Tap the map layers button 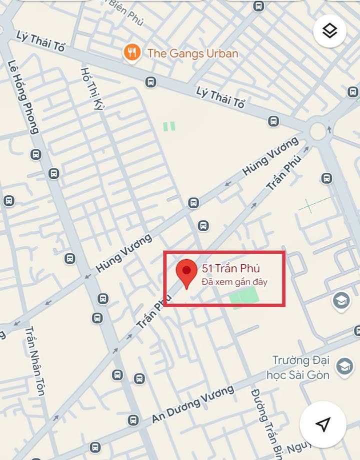(329, 31)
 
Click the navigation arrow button (322, 424)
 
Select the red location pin (186, 273)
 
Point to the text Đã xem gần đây (234, 282)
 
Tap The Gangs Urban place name (192, 52)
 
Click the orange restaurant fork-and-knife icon (131, 52)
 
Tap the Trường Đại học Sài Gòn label (301, 367)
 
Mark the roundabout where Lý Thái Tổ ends (318, 131)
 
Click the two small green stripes (169, 126)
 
